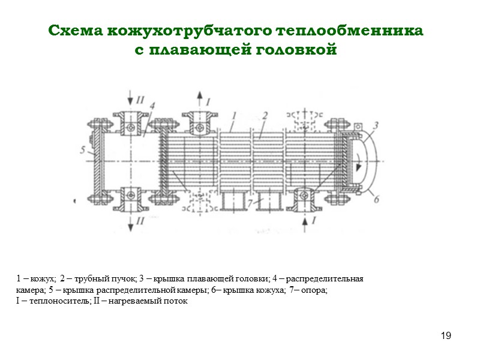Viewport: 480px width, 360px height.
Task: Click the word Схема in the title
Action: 76,31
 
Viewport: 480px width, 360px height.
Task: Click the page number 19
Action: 445,335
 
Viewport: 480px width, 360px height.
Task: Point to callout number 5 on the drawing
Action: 82,150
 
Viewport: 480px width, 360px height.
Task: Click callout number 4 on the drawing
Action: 152,106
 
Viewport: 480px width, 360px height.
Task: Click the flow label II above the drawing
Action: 139,100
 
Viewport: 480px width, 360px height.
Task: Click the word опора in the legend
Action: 316,290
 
